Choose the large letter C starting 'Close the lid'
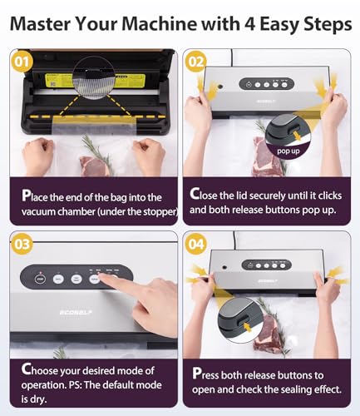195,194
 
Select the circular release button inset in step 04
238,317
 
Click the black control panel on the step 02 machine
269,83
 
